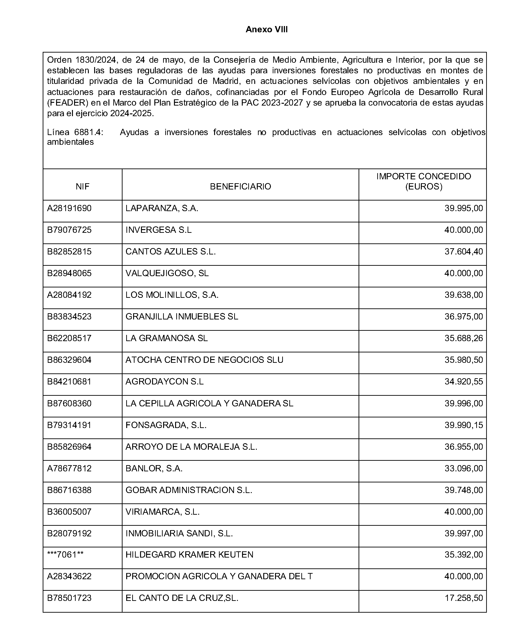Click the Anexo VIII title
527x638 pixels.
(x=266, y=30)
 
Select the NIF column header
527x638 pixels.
(x=82, y=186)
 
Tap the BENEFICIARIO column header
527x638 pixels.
(x=240, y=186)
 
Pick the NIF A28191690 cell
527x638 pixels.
(x=69, y=208)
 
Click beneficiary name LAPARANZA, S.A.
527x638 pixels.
(x=162, y=208)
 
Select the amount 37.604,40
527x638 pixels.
(x=464, y=252)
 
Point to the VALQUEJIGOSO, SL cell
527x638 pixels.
(x=167, y=273)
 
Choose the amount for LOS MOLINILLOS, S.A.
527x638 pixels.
(x=464, y=295)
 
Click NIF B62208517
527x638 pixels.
(x=69, y=338)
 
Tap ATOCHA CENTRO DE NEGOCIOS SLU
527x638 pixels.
(x=204, y=360)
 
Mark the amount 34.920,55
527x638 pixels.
(x=464, y=381)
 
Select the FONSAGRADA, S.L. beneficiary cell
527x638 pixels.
(x=166, y=425)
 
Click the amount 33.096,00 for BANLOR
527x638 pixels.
(x=464, y=469)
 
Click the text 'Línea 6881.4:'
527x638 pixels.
(x=75, y=132)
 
